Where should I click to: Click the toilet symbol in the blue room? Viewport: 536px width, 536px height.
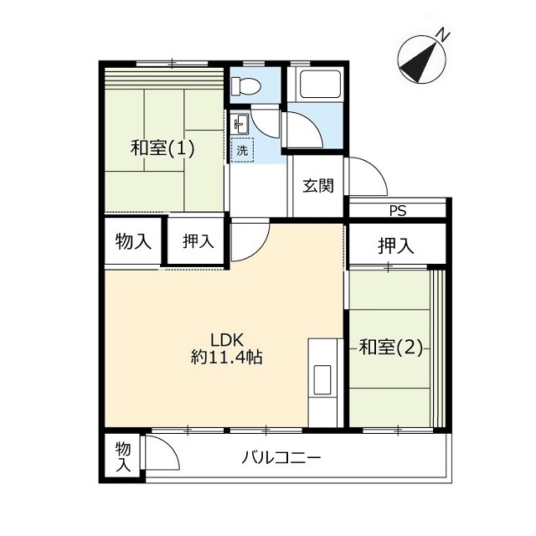[x=246, y=85]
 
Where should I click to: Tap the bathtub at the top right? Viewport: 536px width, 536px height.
[x=320, y=84]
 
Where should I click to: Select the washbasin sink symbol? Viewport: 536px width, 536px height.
[x=241, y=123]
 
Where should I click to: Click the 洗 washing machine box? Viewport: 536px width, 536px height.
[x=242, y=150]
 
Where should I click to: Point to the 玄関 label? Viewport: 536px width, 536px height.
[x=318, y=186]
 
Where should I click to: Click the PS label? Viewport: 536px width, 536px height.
[x=399, y=211]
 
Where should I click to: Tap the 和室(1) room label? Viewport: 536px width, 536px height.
[x=162, y=148]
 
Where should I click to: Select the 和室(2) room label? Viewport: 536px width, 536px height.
[x=390, y=348]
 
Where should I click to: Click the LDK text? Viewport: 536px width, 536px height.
[x=227, y=341]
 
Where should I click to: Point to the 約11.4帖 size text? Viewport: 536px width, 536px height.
[x=227, y=358]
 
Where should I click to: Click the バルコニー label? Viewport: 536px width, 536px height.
[x=281, y=457]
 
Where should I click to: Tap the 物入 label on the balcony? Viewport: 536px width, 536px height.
[x=123, y=457]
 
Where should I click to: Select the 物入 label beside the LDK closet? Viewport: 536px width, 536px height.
[x=133, y=242]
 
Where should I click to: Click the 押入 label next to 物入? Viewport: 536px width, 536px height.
[x=198, y=241]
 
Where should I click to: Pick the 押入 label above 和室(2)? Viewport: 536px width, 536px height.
[x=396, y=245]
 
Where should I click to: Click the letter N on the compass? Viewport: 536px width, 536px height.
[x=443, y=35]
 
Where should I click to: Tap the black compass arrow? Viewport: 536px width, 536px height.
[x=420, y=63]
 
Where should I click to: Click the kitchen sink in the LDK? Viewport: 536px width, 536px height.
[x=322, y=379]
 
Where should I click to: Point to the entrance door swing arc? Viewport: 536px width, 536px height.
[x=375, y=171]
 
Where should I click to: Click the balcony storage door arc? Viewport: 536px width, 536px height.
[x=168, y=447]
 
